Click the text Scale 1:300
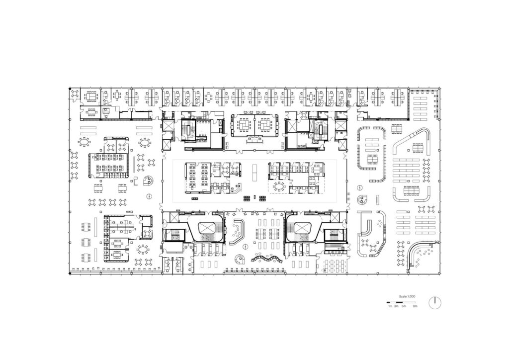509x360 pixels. coord(407,296)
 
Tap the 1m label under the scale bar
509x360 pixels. coord(390,306)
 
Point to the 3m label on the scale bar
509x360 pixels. coord(396,306)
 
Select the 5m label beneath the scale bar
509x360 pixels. coord(404,306)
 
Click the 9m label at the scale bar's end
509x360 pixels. coord(415,306)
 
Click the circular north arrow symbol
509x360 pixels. coord(434,302)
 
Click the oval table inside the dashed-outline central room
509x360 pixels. coord(278,187)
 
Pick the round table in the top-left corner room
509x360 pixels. coord(75,94)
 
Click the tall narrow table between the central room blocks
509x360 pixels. coord(254,170)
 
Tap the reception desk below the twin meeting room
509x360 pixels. coord(256,141)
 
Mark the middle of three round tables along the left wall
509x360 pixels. coord(75,165)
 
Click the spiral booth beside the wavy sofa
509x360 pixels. coord(240,259)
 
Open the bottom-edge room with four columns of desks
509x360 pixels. coord(333,266)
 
